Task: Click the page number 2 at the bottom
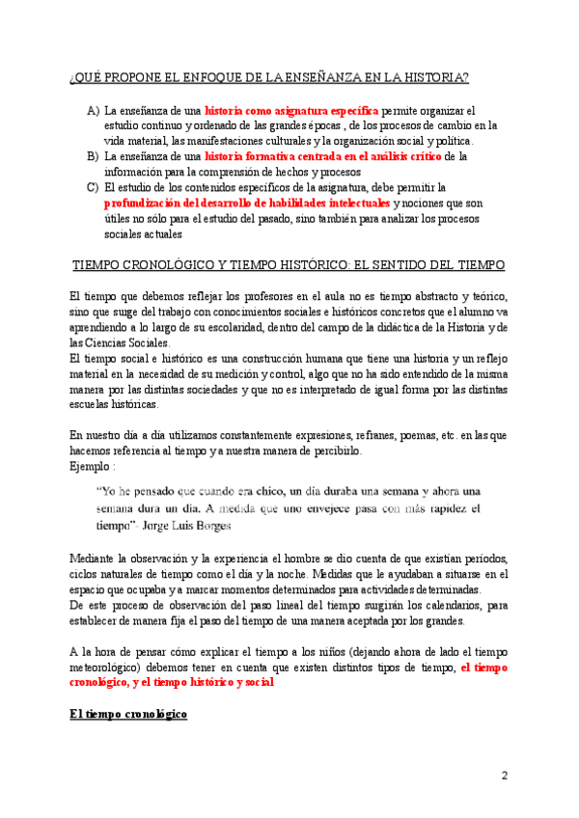505,777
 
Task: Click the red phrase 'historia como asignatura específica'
292,112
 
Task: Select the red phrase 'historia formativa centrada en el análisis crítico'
323,155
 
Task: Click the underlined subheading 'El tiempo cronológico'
129,716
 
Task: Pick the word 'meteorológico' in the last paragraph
112,667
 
